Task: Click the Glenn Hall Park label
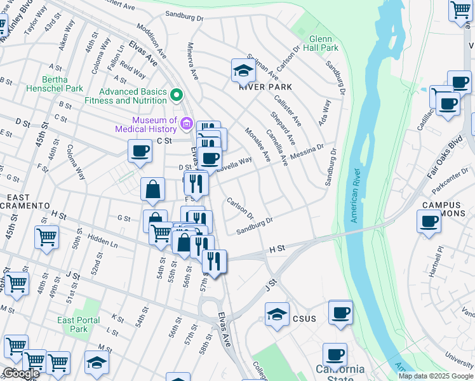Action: coord(321,43)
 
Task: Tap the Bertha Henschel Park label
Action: coord(54,84)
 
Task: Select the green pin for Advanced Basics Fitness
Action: coord(177,96)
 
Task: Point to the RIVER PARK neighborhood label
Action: coord(265,87)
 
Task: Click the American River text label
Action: coord(355,196)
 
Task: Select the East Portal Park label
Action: coord(78,324)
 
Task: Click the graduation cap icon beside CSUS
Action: coord(276,314)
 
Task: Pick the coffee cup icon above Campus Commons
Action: coord(429,222)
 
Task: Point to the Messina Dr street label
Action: coord(308,153)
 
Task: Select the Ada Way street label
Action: coord(324,112)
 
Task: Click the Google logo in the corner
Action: coord(21,373)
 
